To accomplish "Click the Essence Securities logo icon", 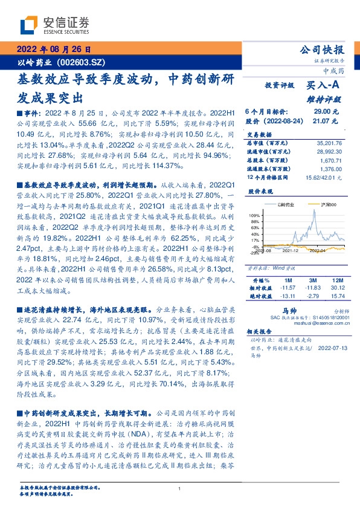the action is point(30,25).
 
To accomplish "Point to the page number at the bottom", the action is point(179,488).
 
